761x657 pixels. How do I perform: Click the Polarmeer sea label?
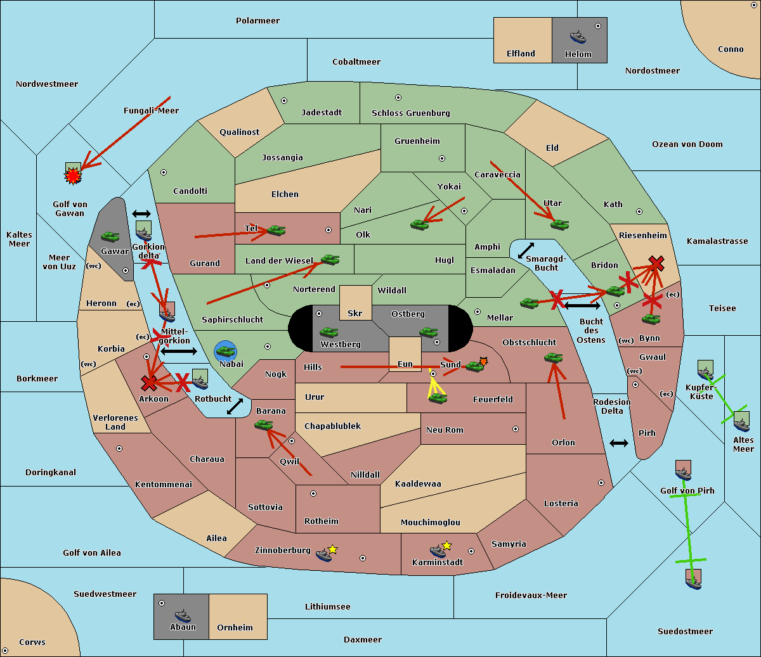click(257, 21)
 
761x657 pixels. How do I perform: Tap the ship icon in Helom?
click(577, 37)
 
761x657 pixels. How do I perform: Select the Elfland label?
click(521, 54)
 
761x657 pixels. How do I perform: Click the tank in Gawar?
click(110, 236)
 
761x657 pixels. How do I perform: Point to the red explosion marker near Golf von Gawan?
click(74, 175)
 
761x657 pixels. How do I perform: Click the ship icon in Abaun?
click(183, 615)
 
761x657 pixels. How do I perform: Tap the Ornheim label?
click(235, 628)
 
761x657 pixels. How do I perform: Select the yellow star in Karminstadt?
click(447, 545)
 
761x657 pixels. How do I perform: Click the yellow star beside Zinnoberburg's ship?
click(333, 549)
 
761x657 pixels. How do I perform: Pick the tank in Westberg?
click(328, 332)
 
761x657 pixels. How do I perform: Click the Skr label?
click(354, 314)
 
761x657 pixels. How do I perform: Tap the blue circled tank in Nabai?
click(225, 350)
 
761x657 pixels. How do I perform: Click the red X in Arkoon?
click(149, 383)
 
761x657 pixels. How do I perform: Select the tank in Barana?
click(263, 424)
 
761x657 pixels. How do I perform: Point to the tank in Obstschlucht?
click(553, 358)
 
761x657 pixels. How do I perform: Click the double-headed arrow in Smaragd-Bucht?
click(526, 251)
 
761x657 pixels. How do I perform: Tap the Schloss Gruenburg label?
click(410, 113)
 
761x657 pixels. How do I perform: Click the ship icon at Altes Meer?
click(741, 421)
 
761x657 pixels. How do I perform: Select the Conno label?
click(731, 49)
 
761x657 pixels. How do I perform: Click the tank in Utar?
click(559, 224)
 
